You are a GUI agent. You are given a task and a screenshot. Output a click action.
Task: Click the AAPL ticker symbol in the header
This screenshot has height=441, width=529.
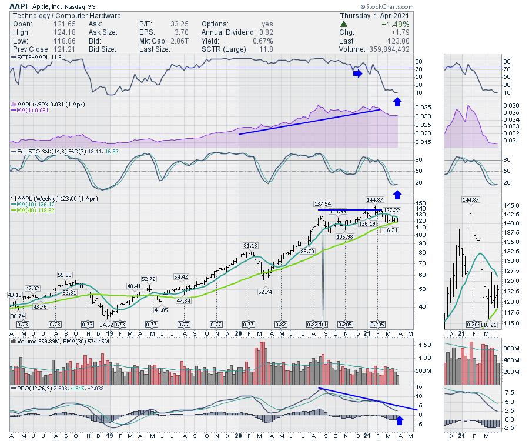pos(21,6)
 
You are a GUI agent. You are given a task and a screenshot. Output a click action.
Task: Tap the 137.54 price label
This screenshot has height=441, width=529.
pos(321,205)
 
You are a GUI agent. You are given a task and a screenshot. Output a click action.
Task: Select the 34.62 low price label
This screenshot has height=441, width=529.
pos(106,324)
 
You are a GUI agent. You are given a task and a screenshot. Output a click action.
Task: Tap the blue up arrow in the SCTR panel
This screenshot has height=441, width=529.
pos(397,102)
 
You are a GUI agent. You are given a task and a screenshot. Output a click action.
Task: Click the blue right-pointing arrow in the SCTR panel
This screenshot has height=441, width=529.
pos(357,73)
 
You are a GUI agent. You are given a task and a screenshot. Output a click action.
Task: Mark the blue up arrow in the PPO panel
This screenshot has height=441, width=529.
pos(401,419)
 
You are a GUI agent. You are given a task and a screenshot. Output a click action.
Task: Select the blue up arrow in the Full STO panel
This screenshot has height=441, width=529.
pos(397,194)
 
